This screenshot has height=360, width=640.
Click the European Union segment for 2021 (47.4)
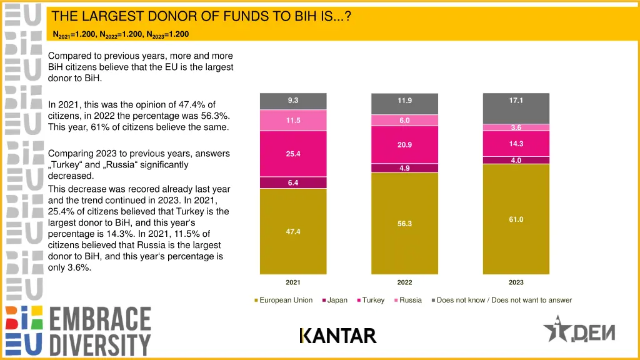[x=292, y=231]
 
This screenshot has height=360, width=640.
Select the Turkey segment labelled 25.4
[x=292, y=154]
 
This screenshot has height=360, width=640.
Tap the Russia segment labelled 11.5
[x=292, y=120]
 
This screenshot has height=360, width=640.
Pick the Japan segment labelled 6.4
[x=292, y=182]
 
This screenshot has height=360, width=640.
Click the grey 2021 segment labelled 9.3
[x=292, y=101]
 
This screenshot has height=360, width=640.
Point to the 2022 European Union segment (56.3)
[x=404, y=223]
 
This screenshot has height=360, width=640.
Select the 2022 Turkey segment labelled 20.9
[x=404, y=145]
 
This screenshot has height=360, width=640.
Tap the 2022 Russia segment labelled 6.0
[x=404, y=121]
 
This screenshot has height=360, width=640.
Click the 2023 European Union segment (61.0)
[x=516, y=219]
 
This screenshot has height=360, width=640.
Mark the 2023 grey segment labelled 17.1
[x=516, y=107]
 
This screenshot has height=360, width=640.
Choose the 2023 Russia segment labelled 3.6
[x=516, y=127]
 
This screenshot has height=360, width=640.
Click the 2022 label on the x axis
[x=404, y=282]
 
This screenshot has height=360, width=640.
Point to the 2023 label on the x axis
[x=516, y=282]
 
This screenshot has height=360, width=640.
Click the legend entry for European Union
[x=286, y=300]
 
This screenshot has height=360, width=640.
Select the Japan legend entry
[x=337, y=300]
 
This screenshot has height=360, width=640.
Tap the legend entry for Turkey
[x=373, y=300]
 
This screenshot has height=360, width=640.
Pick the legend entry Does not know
[x=504, y=300]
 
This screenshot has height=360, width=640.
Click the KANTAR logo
[x=338, y=336]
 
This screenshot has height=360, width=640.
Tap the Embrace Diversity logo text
[x=100, y=331]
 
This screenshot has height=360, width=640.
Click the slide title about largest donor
[x=201, y=16]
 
